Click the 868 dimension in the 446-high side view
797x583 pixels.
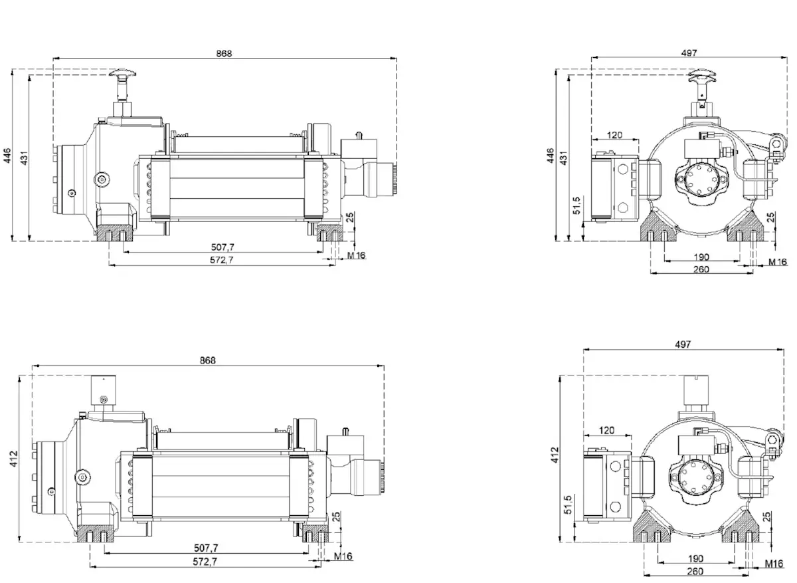(x=224, y=53)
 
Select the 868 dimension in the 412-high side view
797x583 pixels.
(x=208, y=360)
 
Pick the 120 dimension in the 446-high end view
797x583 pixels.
(x=614, y=135)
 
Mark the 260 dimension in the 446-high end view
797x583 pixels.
(x=701, y=269)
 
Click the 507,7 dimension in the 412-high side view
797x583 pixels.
(x=207, y=548)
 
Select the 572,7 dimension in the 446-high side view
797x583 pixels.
(x=221, y=260)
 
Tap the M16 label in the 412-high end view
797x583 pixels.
(x=773, y=564)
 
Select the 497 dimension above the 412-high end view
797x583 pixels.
(x=682, y=344)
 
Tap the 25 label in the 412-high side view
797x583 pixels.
(x=336, y=515)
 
